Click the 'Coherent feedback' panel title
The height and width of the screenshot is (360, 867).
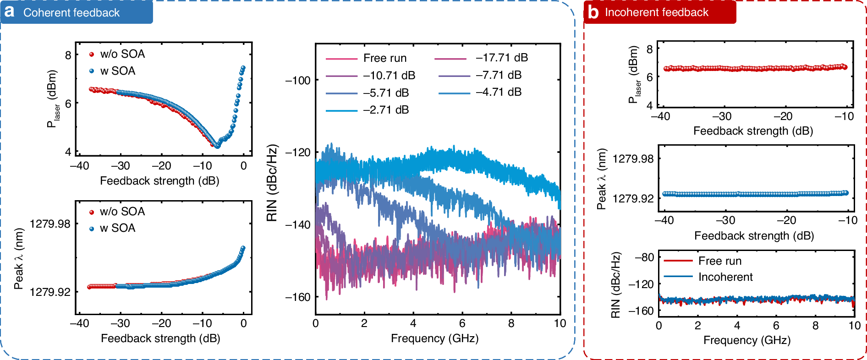tap(71, 13)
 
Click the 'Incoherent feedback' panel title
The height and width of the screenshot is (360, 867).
tap(656, 12)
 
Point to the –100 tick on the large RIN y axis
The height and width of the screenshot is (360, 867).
tap(298, 81)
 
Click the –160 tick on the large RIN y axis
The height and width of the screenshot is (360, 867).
tap(298, 297)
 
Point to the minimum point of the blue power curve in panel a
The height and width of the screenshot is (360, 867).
tap(218, 146)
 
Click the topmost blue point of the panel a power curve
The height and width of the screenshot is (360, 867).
tap(243, 68)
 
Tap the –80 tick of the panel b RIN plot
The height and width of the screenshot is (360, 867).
tap(644, 257)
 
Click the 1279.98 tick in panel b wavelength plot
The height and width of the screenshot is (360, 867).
tap(633, 159)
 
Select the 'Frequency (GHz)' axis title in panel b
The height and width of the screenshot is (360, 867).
tap(746, 340)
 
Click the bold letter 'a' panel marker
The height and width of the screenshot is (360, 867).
tap(9, 11)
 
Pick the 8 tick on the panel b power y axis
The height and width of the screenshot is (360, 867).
tap(649, 49)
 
